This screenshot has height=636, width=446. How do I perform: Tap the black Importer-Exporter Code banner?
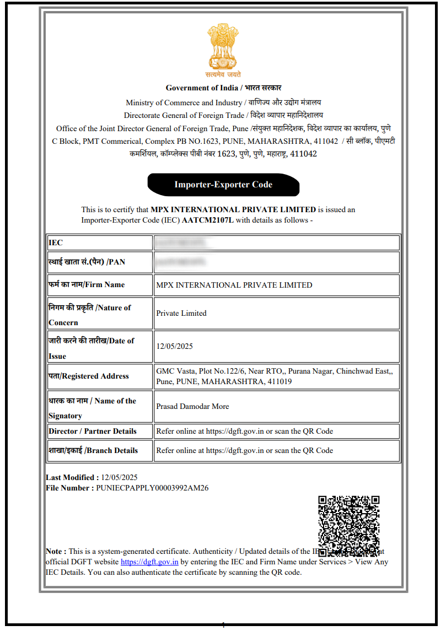point(223,185)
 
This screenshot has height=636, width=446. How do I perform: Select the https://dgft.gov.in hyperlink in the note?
point(149,562)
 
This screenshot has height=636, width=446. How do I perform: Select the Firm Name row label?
point(87,285)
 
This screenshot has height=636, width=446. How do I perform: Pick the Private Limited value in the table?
point(181,313)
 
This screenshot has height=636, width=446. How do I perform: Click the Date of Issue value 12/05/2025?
point(175,346)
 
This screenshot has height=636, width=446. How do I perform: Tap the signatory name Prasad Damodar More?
point(192,406)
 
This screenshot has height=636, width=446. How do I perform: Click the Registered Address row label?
point(88,376)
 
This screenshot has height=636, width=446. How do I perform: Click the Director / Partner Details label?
point(92,431)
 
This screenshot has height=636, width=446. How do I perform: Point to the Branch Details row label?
point(93,450)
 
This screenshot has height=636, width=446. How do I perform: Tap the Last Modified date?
point(119,477)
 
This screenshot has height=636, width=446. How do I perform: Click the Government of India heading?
point(223,88)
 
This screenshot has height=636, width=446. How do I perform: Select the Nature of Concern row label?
point(89,314)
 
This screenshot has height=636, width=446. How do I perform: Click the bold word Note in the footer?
point(55,551)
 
